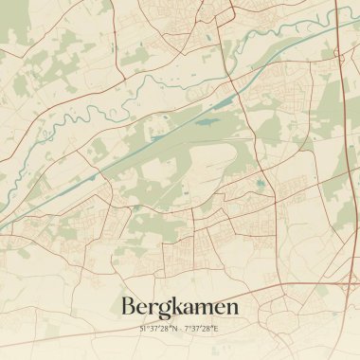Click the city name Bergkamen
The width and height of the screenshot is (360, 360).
[x=180, y=307]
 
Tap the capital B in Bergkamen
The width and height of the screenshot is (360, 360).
[x=129, y=307]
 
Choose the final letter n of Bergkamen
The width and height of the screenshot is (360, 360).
[x=233, y=309]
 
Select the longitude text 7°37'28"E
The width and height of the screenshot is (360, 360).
[x=201, y=328]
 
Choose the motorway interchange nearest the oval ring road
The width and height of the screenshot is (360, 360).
[x=342, y=281]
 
